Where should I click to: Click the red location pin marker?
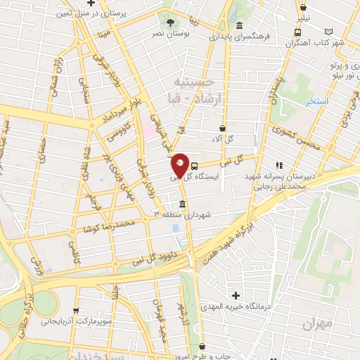[181, 165]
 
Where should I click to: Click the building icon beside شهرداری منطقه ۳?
[183, 205]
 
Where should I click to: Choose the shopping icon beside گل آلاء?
[223, 129]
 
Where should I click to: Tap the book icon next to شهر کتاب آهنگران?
[330, 32]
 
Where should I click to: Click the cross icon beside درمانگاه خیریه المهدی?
[237, 295]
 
